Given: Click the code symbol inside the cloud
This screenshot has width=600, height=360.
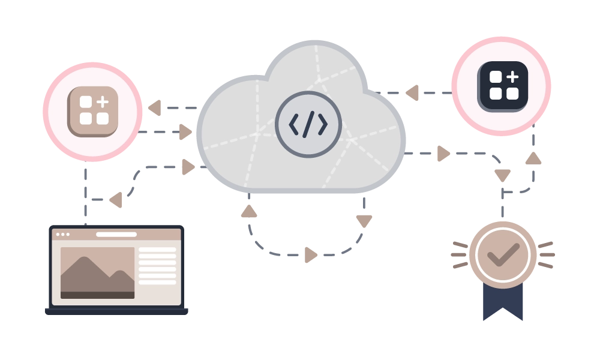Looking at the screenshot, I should click(308, 124).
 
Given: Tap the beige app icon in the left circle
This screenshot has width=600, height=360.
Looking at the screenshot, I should click(93, 111).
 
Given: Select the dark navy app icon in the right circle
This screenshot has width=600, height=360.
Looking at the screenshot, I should click(503, 86).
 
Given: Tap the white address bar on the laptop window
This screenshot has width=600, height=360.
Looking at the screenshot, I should click(116, 234).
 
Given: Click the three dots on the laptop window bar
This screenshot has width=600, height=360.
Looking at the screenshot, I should click(63, 234).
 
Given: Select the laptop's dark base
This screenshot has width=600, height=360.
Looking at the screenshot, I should click(118, 312).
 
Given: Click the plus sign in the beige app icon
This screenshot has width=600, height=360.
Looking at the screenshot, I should click(103, 101).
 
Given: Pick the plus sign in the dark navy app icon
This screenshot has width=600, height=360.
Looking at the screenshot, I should click(512, 77).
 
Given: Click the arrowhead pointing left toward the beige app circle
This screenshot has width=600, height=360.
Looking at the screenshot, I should click(155, 107).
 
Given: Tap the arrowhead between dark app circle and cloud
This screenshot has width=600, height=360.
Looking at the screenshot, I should click(412, 93).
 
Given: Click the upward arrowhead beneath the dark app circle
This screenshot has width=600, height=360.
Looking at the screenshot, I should click(533, 160).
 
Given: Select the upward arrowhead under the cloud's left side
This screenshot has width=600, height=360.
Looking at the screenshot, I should click(249, 212).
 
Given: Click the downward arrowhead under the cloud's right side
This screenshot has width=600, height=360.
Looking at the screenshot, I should click(364, 220).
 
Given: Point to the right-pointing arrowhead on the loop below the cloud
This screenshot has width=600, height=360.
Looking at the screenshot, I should click(310, 254).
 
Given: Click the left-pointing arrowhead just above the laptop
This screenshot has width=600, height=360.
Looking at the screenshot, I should click(116, 200).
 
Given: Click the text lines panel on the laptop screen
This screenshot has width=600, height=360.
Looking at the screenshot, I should click(158, 266).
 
